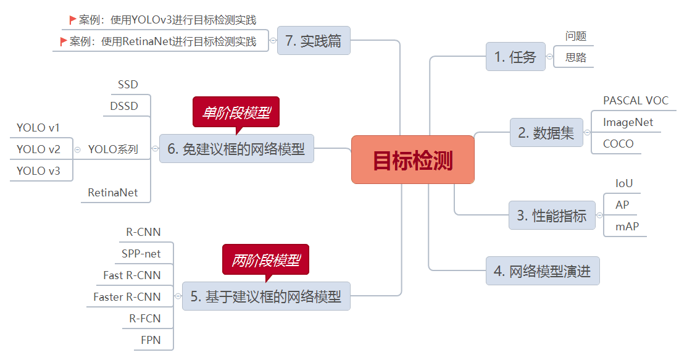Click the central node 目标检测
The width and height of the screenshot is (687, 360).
click(412, 160)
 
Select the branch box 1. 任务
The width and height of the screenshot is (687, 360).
click(515, 57)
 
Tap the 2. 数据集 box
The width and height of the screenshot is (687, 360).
click(546, 133)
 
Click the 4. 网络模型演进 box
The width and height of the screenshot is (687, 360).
click(542, 271)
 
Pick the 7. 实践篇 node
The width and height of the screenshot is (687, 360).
click(313, 41)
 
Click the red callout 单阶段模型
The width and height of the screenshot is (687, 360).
click(236, 112)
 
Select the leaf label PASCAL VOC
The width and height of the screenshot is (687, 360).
click(635, 101)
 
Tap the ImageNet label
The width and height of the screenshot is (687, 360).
click(628, 122)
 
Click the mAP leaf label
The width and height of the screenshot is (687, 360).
click(627, 227)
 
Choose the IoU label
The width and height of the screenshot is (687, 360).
click(624, 183)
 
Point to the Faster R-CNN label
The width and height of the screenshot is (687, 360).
click(127, 297)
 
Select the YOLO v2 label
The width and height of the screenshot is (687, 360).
click(38, 149)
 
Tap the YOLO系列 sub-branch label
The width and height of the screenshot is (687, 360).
click(113, 149)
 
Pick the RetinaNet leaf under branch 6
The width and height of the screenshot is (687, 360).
click(113, 193)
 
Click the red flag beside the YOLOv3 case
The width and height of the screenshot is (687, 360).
click(73, 20)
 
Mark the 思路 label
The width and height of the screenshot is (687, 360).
click(576, 58)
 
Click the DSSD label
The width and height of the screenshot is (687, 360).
click(124, 106)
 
